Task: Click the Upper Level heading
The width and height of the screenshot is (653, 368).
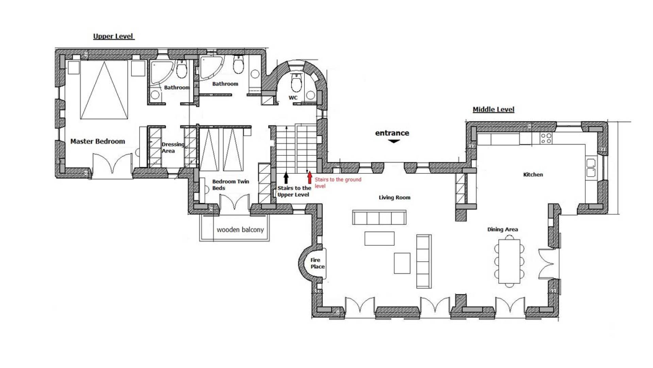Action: [114, 36]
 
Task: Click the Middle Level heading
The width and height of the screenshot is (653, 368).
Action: [493, 109]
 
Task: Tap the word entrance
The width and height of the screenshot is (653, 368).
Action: [392, 133]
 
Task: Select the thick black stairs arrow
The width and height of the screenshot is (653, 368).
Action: [286, 178]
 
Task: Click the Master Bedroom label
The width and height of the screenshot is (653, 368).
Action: [98, 141]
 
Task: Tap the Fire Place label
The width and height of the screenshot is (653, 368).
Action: [317, 263]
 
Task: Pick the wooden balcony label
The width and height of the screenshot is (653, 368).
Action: [240, 230]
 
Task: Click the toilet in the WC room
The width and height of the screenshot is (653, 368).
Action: [297, 83]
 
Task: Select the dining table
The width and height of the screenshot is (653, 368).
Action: [509, 261]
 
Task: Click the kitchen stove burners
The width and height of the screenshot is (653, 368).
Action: [546, 138]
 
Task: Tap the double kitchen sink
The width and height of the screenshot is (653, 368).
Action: [591, 167]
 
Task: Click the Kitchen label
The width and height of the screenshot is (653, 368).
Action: [533, 174]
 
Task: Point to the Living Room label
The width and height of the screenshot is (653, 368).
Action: [395, 197]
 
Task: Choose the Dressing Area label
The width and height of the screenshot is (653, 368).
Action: [173, 148]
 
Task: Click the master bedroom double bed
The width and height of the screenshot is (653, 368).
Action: [104, 90]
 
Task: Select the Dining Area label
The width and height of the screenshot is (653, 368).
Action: [503, 229]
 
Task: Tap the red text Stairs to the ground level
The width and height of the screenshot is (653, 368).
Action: [338, 183]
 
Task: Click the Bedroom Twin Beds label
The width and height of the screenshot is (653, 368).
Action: [231, 185]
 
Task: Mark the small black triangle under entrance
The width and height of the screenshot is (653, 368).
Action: [394, 141]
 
